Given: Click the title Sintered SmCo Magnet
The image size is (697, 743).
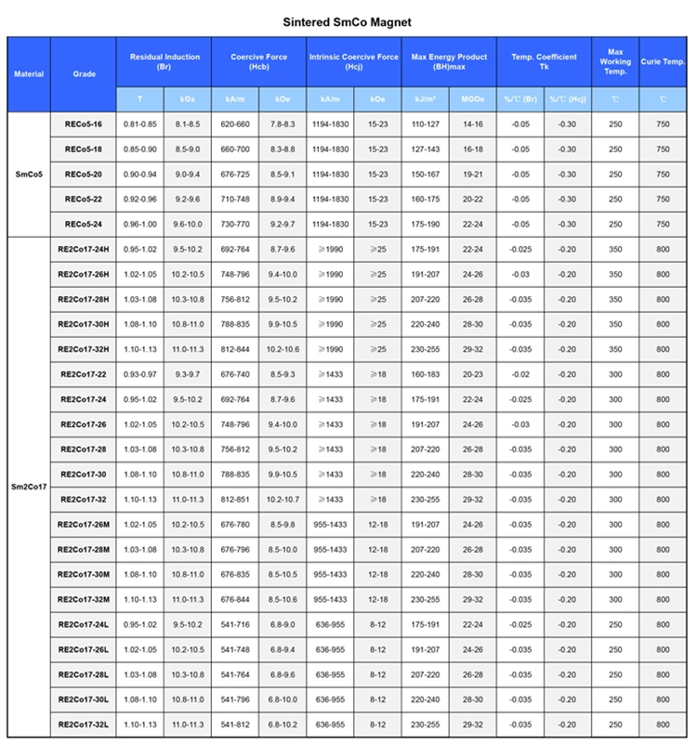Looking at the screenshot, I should pyautogui.click(x=347, y=20).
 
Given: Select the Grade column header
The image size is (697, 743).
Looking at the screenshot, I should pyautogui.click(x=84, y=73).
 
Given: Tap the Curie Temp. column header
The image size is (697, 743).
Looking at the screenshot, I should pyautogui.click(x=663, y=61).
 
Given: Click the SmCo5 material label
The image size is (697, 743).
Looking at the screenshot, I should pyautogui.click(x=29, y=174).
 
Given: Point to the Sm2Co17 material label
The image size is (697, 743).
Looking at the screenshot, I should pyautogui.click(x=29, y=486).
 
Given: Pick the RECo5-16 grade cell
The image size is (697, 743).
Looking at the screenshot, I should pyautogui.click(x=84, y=124).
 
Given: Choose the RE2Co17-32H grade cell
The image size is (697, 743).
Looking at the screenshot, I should pyautogui.click(x=84, y=349).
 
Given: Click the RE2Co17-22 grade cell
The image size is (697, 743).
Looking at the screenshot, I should pyautogui.click(x=84, y=374).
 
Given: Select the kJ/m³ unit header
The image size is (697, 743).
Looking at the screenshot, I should pyautogui.click(x=426, y=98).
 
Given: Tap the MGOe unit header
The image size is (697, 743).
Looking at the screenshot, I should pyautogui.click(x=473, y=98).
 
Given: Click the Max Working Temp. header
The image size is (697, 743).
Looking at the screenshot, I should pyautogui.click(x=615, y=61).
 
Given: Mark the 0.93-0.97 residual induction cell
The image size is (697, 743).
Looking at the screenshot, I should pyautogui.click(x=140, y=374).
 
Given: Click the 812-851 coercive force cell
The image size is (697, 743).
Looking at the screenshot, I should pyautogui.click(x=235, y=500).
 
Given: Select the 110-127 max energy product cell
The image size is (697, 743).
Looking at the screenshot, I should pyautogui.click(x=426, y=124).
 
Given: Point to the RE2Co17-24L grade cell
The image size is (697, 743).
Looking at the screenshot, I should pyautogui.click(x=84, y=624).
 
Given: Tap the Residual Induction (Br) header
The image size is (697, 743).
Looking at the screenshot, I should pyautogui.click(x=164, y=61).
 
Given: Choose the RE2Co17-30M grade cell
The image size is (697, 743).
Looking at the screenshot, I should pyautogui.click(x=84, y=574).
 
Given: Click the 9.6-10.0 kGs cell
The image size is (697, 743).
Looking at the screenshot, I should pyautogui.click(x=188, y=224).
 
